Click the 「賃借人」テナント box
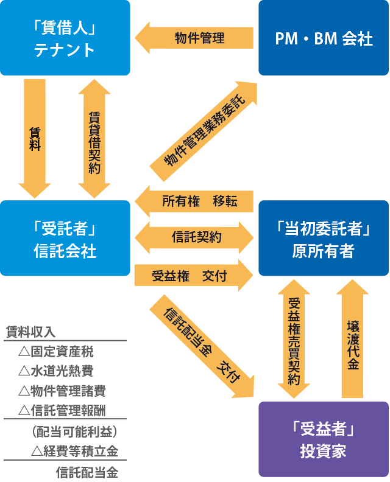(65, 38)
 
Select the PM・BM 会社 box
(324, 38)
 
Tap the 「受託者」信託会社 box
(65, 238)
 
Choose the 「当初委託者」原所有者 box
(324, 238)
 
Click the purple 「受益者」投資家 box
(324, 439)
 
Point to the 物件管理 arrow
(195, 38)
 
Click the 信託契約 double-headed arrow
(194, 237)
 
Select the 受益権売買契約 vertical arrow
(294, 338)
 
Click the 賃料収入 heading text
(30, 332)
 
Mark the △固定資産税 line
(56, 352)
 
